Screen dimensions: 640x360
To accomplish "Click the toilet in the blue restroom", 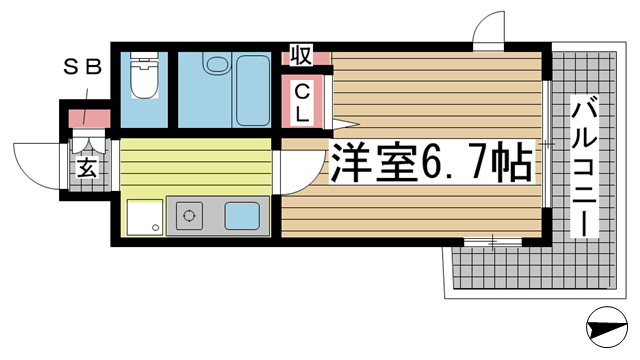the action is point(144,75).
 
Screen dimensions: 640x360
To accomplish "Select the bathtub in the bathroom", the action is point(253,90).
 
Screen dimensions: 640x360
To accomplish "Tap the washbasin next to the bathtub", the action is point(217,63).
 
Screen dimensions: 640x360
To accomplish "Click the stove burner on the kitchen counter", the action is point(189,215).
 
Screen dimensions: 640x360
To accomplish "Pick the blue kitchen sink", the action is point(242,216).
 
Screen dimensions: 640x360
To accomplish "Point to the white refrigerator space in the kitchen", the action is point(145,217).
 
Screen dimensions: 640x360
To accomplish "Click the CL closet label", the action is point(302,103).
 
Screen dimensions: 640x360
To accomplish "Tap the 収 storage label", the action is point(301,55).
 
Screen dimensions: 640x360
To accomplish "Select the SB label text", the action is point(82,67).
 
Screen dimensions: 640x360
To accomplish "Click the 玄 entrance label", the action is point(87,167).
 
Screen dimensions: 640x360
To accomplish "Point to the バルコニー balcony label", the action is point(584,166).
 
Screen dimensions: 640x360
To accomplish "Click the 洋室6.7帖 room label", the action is point(431,162).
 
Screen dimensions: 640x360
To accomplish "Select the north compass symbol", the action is point(607,327).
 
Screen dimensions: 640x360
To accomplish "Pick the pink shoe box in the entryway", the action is point(89,118).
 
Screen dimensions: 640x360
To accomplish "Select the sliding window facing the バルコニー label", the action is point(547,144).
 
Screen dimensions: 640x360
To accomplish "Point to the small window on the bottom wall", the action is point(493,242).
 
